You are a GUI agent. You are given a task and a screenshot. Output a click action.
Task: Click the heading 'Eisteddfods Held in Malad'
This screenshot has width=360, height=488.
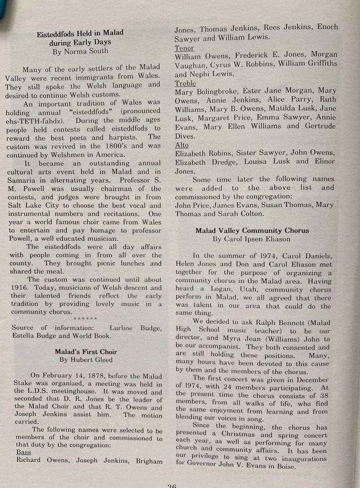coord(80,33)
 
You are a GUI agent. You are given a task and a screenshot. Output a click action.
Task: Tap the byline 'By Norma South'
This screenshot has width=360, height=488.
coord(80,51)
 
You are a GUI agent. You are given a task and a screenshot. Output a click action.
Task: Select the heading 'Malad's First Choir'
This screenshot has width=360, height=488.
coord(86,352)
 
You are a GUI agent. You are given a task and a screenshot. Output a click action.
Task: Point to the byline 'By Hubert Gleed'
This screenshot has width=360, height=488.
coord(86,360)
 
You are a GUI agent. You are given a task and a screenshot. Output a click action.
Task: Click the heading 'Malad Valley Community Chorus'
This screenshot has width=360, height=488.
coord(252,230)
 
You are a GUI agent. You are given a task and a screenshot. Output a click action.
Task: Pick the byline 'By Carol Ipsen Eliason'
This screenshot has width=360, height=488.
coord(252,239)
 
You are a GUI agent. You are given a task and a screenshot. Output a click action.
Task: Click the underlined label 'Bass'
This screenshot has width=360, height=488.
coord(23,452)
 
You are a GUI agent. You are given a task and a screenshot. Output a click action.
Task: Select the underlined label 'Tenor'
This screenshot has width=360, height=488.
coord(184,48)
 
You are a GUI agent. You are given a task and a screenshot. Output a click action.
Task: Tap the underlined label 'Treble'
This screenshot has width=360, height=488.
coord(185,83)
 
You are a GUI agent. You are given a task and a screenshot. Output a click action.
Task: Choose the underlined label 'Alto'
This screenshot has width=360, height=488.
coord(181,145)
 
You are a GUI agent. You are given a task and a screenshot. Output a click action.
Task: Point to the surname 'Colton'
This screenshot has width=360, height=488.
coord(247,214)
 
